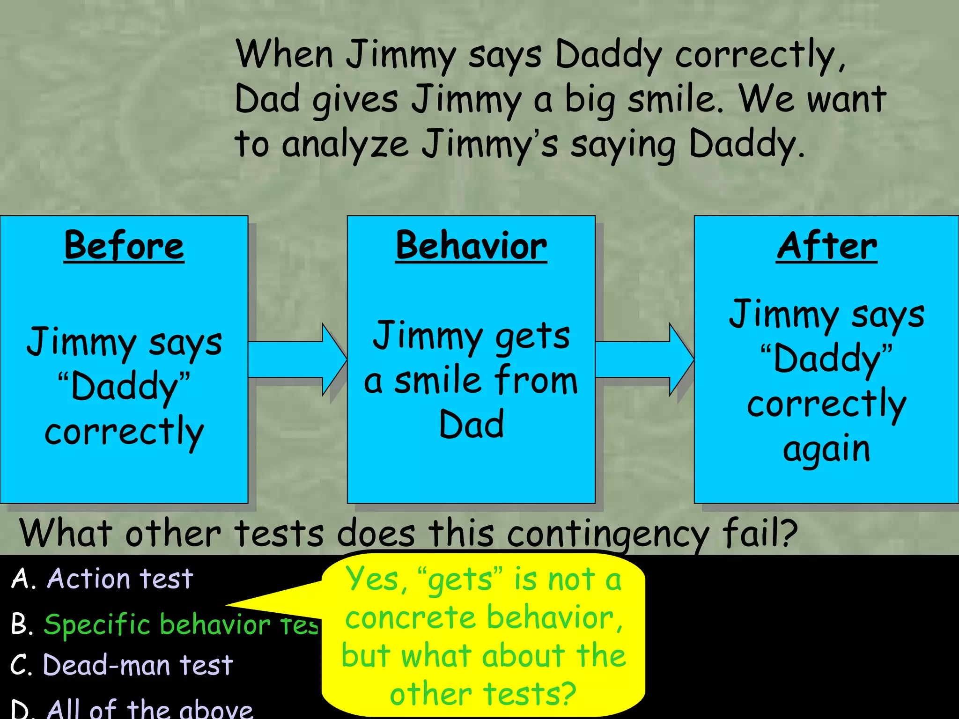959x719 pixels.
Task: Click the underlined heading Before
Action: point(124,246)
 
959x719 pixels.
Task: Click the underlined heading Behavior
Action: point(471,246)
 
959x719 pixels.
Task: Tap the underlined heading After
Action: point(826,246)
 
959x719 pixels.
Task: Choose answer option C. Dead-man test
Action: point(122,665)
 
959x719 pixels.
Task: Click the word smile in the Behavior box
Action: point(437,380)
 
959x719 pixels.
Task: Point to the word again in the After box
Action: point(826,449)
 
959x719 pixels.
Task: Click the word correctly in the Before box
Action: point(124,432)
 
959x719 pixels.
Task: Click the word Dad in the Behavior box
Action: point(471,424)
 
